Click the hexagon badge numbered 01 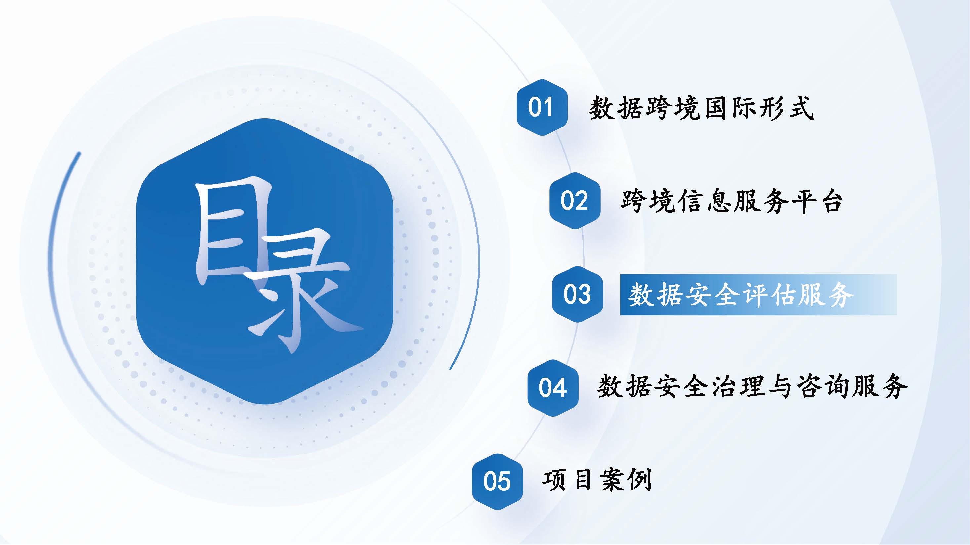coord(542,108)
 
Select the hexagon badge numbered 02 coord(575,201)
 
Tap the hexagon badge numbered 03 coord(577,294)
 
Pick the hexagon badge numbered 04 coord(553,388)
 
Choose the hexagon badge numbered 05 coord(498,482)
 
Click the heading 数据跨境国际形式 coord(701,108)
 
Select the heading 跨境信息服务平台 coord(731,201)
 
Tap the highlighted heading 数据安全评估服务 coord(740,295)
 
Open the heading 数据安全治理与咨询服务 coord(752,386)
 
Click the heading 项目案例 coord(597,480)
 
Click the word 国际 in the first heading coord(729,108)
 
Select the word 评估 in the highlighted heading coord(769,295)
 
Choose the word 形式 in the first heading coord(786,108)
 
